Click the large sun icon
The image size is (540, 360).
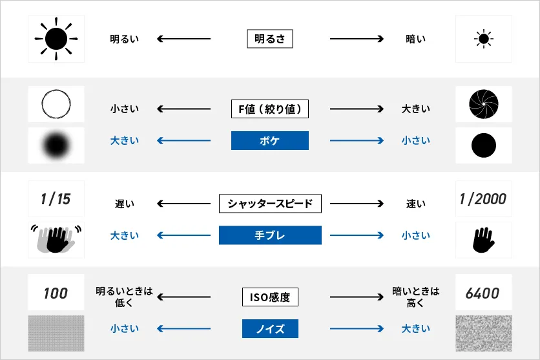click(x=56, y=39)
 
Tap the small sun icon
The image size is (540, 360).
click(x=483, y=39)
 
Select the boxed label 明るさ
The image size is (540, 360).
click(x=270, y=39)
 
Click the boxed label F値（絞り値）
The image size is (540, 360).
click(x=270, y=109)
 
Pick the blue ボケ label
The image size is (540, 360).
click(x=270, y=140)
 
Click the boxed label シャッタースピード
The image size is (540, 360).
click(x=270, y=204)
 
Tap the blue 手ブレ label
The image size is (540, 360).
click(x=270, y=235)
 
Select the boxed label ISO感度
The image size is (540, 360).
click(x=270, y=298)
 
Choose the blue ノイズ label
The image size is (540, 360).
click(x=270, y=329)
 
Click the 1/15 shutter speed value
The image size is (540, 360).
click(x=56, y=199)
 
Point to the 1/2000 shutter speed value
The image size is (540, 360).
click(x=483, y=199)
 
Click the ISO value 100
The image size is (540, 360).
click(x=56, y=293)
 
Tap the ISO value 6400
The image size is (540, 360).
click(x=483, y=293)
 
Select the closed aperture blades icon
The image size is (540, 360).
click(x=483, y=104)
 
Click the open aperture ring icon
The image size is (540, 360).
click(x=56, y=104)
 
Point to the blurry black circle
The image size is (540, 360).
click(x=56, y=145)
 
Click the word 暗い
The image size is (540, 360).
click(x=415, y=39)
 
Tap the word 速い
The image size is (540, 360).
click(x=415, y=204)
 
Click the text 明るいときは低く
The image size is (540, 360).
click(x=124, y=297)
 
